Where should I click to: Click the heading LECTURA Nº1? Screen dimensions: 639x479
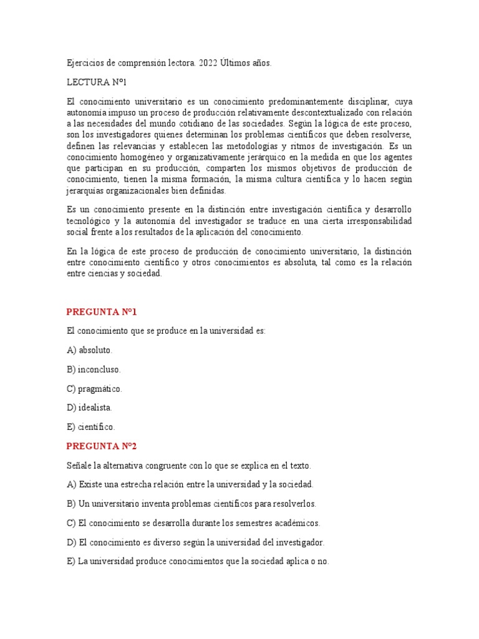(97, 82)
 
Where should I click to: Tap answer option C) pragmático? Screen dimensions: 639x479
(94, 389)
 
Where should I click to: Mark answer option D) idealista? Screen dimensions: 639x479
(89, 407)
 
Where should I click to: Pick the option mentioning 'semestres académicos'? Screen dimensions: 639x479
(193, 523)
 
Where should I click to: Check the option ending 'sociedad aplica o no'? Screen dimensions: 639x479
(197, 562)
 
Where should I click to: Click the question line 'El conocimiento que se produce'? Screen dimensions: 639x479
(166, 331)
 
